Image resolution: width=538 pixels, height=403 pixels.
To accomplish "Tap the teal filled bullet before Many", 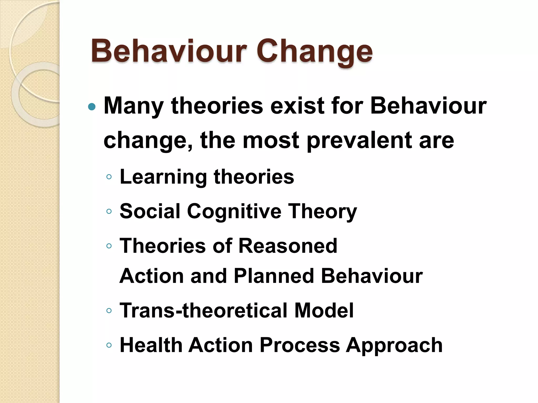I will tap(92, 107).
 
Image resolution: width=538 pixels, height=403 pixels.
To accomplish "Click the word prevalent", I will tap(359, 140).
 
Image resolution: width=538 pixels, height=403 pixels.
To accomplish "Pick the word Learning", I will tap(163, 177).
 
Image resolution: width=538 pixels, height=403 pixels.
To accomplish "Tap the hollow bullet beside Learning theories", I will tap(109, 177).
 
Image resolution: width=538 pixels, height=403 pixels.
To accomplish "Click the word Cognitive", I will tap(234, 211).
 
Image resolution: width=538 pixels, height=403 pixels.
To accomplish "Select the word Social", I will tap(150, 211).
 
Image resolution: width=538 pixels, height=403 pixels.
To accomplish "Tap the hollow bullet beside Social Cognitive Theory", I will tap(109, 211).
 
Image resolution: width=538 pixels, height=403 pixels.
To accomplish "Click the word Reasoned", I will tap(288, 246).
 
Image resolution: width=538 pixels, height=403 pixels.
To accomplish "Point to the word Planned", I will tap(274, 276).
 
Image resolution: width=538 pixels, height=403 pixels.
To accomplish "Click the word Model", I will tap(324, 310).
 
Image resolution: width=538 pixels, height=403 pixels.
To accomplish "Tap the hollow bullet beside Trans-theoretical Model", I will tap(109, 311).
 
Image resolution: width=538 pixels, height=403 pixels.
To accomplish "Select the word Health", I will tap(151, 345).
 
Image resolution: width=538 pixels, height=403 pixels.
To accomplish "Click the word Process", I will tap(299, 345).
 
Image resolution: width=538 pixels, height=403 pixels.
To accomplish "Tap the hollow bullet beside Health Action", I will tap(109, 345).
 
